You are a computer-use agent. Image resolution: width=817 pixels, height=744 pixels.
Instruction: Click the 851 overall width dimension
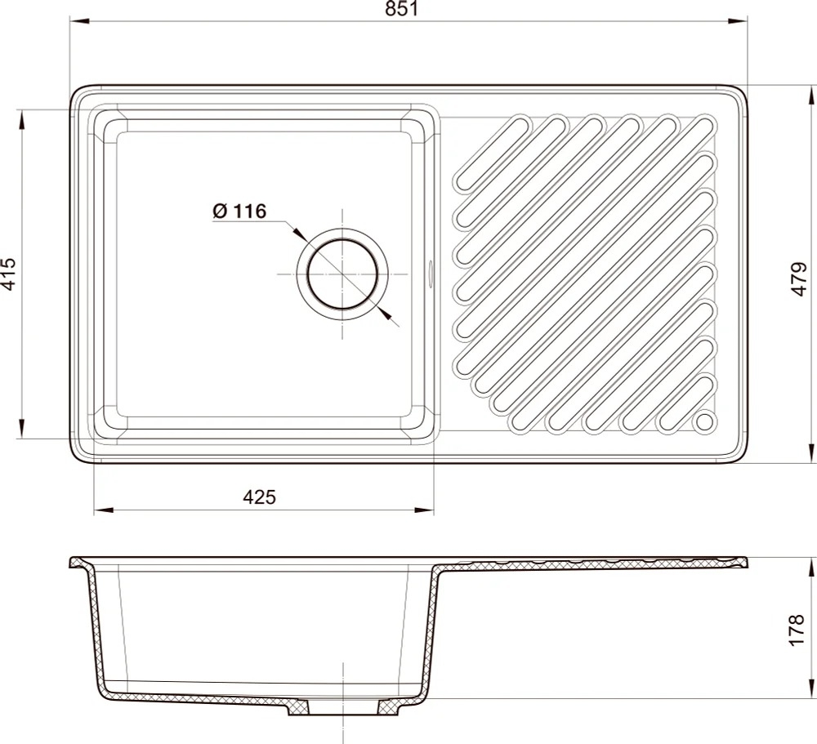pyautogui.click(x=402, y=9)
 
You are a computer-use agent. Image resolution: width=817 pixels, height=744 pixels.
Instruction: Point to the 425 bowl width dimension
pyautogui.click(x=259, y=497)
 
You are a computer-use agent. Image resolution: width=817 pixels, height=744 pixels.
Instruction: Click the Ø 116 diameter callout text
pyautogui.click(x=239, y=211)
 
